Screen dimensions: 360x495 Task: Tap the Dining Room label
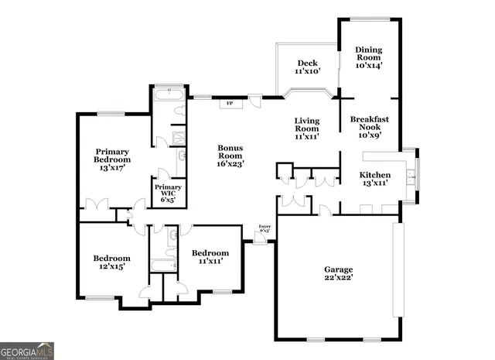(x=368, y=56)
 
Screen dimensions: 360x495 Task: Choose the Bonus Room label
(x=230, y=156)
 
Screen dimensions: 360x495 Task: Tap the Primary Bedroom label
(x=112, y=159)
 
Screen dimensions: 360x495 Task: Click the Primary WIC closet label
(x=168, y=193)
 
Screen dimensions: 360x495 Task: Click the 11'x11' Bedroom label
(x=210, y=257)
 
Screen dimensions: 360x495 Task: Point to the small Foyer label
(x=264, y=228)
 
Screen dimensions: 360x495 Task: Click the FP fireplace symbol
(x=229, y=104)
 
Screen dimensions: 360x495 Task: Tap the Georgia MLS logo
(x=27, y=351)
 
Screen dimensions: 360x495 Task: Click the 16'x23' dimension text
(x=230, y=164)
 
